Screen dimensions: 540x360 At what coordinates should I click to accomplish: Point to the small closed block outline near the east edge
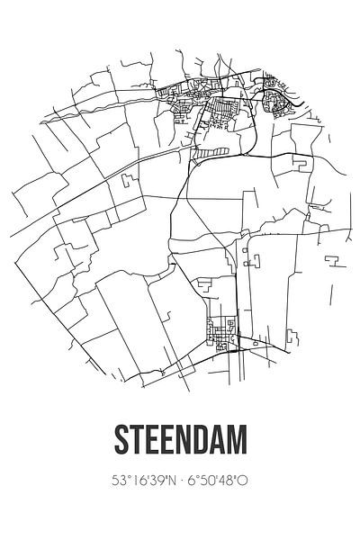[x=300, y=163]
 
